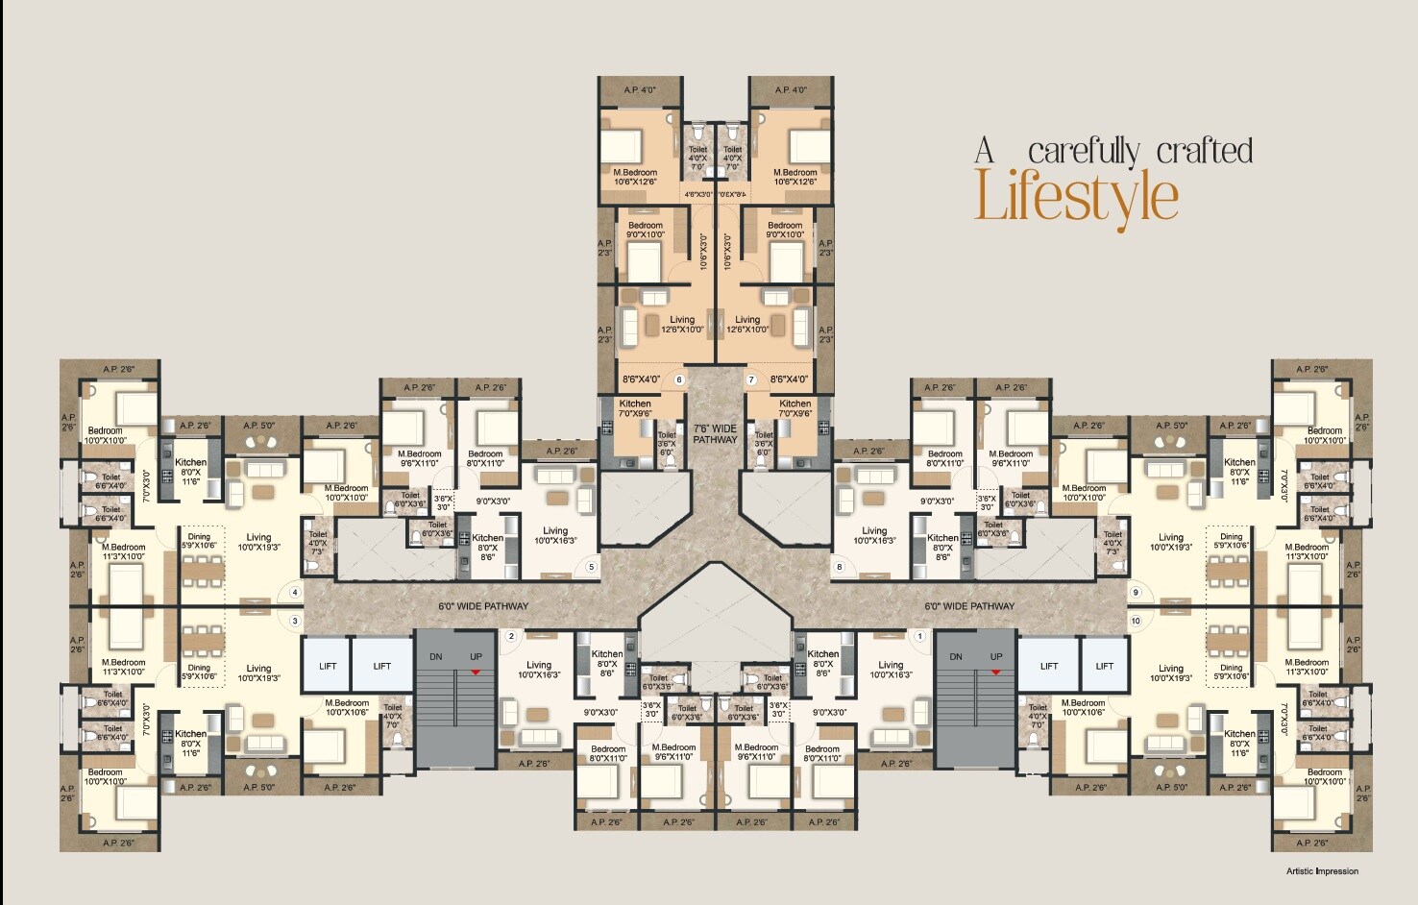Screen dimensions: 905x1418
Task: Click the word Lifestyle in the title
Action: (x=1076, y=197)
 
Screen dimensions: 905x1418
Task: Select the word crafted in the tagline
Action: (x=1205, y=151)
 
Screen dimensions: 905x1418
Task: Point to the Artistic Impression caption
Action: (x=1322, y=871)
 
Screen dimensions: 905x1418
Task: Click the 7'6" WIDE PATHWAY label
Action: (x=715, y=433)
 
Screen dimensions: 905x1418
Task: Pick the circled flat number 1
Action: (x=919, y=636)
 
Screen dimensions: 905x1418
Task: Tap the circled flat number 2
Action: (x=511, y=636)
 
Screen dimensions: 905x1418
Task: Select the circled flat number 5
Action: (x=591, y=567)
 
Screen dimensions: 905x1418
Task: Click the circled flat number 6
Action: (x=679, y=379)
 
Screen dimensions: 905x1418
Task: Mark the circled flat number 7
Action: (x=750, y=379)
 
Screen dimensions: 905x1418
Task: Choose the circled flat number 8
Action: (x=840, y=567)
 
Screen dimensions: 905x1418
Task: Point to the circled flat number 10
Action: (x=1136, y=621)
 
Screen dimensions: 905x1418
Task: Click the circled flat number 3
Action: (x=295, y=621)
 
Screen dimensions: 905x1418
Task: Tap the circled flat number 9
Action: (x=1136, y=593)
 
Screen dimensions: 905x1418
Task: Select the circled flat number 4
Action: (x=295, y=593)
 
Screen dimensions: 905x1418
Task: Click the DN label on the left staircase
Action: (x=436, y=657)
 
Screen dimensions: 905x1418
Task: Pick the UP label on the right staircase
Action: (x=996, y=657)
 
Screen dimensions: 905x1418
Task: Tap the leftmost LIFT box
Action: (x=328, y=666)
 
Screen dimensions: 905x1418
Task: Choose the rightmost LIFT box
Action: (x=1105, y=666)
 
